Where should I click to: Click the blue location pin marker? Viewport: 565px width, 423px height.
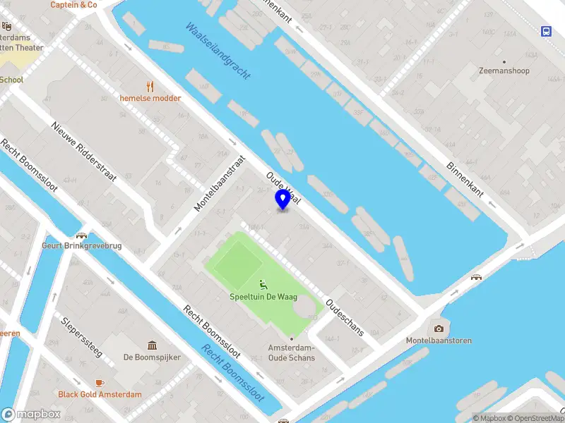coord(282,200)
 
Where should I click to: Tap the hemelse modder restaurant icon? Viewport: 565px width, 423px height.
coord(150,86)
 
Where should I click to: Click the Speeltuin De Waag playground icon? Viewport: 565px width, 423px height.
coord(263,285)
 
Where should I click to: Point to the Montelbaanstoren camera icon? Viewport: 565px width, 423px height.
coord(439,329)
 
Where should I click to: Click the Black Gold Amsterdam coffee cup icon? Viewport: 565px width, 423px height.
coord(100,383)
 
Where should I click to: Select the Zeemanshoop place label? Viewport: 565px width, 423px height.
coord(503,71)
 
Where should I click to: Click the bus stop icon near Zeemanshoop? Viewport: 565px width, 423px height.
coord(547,31)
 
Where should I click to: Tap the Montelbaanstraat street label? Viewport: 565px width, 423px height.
coord(220,183)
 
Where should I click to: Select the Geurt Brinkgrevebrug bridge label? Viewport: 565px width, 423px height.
coord(81,246)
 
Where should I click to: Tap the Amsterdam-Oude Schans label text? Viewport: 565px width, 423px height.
coord(291,352)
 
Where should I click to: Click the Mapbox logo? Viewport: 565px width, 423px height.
coord(30,415)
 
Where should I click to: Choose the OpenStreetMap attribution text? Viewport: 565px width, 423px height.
coord(533,418)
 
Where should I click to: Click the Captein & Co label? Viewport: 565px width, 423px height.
coord(73,5)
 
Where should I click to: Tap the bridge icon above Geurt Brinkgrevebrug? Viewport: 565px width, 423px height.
coord(81,235)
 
